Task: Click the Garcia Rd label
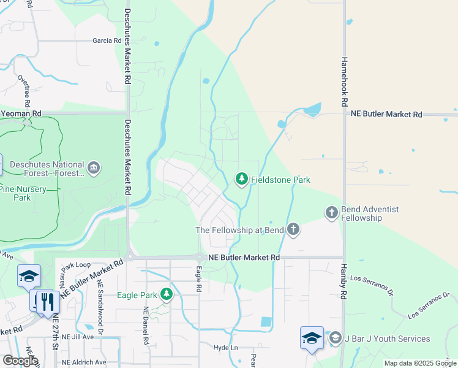(107, 40)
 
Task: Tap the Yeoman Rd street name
(21, 113)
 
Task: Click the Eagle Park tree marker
(165, 295)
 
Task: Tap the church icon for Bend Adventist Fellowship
(331, 213)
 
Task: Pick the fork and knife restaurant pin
(47, 301)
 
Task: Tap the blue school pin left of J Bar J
(312, 338)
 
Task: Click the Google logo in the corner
(20, 360)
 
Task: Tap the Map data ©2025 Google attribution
(420, 363)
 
